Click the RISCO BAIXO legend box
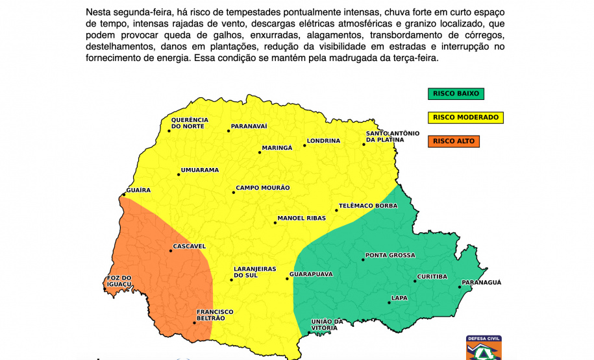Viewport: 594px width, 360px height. [x=456, y=93]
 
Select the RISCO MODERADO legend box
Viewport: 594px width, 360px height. [x=465, y=117]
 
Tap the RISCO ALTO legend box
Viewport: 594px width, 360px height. [x=454, y=141]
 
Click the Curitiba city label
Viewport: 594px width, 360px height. [x=432, y=277]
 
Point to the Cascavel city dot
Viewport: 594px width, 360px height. [x=171, y=251]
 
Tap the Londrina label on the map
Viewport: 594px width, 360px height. [x=323, y=141]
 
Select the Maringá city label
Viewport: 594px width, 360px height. [x=277, y=148]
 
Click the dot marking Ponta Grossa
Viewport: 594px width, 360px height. [x=362, y=260]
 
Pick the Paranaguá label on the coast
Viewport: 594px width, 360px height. [x=481, y=283]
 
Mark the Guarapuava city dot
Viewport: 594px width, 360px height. [x=287, y=279]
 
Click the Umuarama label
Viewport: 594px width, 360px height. [x=199, y=171]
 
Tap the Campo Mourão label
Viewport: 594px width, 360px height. [x=262, y=188]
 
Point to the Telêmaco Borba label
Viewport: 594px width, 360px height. [x=367, y=206]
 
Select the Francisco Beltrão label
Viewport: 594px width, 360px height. [x=215, y=315]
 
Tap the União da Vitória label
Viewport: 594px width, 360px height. [x=327, y=325]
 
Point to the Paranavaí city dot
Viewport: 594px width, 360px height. [x=229, y=131]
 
